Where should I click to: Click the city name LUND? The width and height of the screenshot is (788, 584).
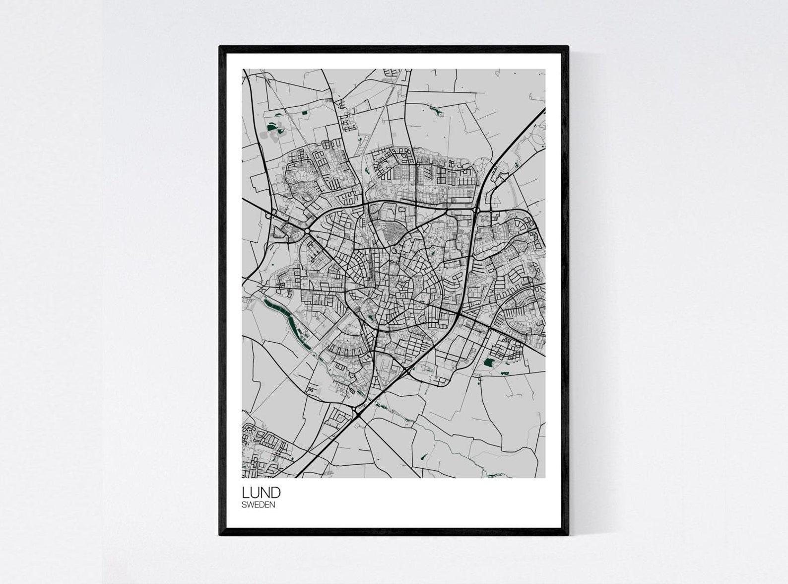[x=261, y=493]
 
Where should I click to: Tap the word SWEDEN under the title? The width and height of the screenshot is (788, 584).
[x=258, y=505]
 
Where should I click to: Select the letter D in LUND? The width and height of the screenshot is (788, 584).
[x=275, y=493]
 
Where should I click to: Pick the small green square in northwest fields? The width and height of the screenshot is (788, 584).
[x=304, y=113]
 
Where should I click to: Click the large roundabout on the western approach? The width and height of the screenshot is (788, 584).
[x=307, y=231]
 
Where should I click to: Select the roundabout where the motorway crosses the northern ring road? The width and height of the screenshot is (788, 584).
[x=477, y=211]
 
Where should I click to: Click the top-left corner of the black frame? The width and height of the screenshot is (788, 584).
[x=220, y=47]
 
